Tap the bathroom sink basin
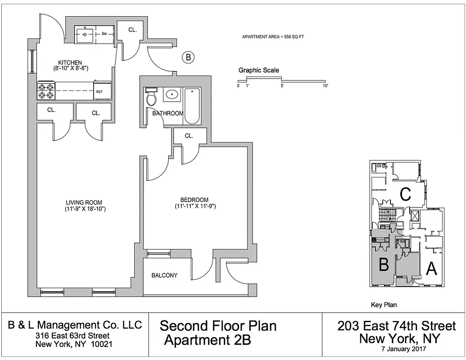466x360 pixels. coord(172,95)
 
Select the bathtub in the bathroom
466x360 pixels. coord(192,106)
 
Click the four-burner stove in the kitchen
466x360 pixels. coord(46,91)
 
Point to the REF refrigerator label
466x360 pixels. coord(99,92)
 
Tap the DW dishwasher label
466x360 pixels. coord(104,34)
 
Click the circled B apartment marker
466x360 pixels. coord(188,57)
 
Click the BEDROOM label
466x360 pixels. coord(195,200)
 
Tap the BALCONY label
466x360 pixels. coord(164,275)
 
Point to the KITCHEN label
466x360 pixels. coord(70,63)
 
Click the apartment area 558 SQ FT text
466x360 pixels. coord(273,37)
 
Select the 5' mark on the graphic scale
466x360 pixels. coord(282,86)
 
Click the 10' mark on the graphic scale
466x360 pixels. coord(325,86)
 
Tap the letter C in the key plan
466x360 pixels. coord(405,194)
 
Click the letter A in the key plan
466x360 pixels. coord(431,269)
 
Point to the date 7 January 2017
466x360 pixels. coord(403,349)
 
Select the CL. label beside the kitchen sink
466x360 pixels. coord(132,30)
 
